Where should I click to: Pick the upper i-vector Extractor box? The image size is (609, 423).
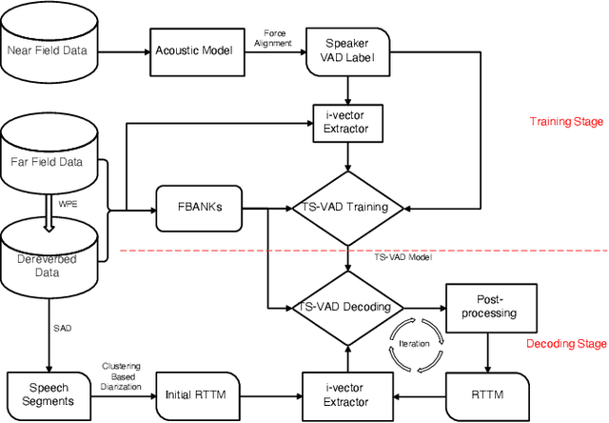(346, 124)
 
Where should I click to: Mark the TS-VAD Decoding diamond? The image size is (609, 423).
(346, 308)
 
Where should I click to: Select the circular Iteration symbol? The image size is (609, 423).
(415, 344)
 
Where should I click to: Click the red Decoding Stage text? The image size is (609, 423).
(564, 343)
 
